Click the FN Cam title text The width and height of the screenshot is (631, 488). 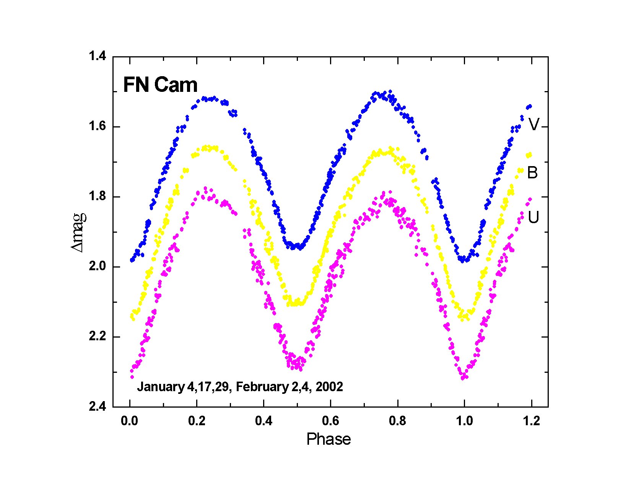(160, 85)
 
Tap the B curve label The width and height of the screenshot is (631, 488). (532, 173)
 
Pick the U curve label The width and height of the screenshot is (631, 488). (533, 217)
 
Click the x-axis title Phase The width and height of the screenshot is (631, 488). (329, 439)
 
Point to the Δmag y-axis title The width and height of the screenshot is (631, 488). (79, 232)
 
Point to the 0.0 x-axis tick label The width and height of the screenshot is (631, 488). (130, 421)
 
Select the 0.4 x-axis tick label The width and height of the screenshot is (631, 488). (263, 421)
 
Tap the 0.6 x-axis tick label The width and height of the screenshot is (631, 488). (330, 421)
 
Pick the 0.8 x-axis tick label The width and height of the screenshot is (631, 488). (397, 421)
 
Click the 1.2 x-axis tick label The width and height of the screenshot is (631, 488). (531, 421)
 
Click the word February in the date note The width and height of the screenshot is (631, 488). (260, 387)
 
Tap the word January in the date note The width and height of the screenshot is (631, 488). (161, 387)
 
